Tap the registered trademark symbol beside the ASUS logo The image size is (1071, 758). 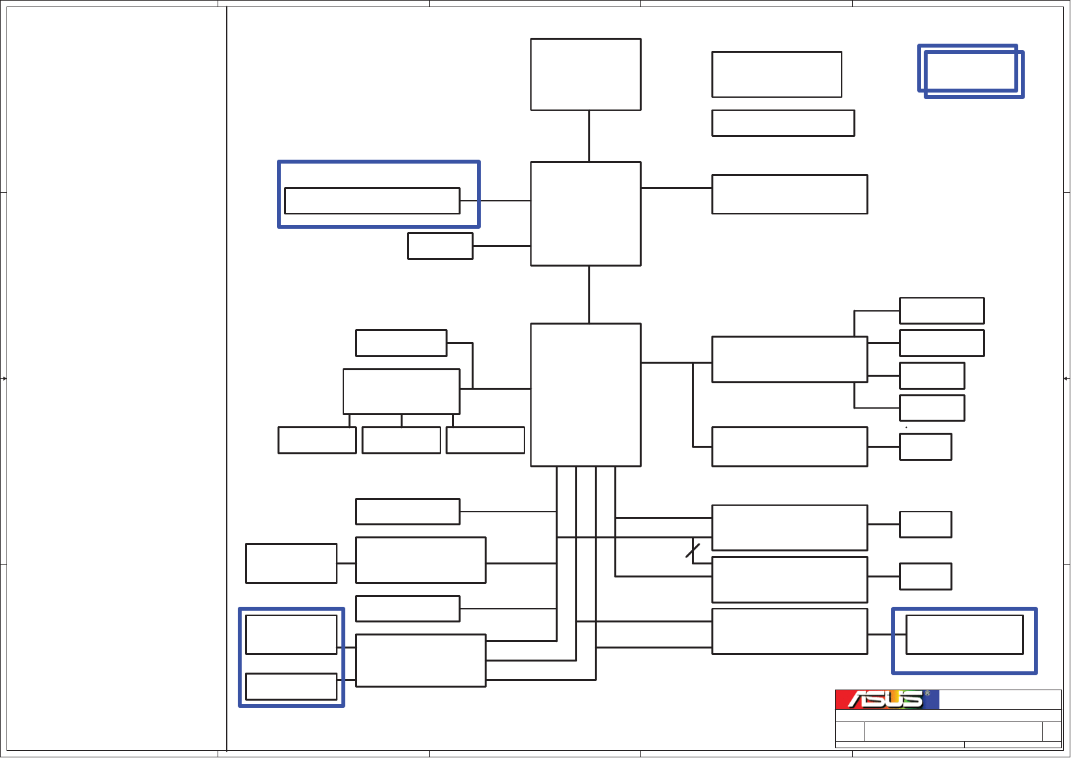point(927,693)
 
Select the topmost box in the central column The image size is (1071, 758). point(586,74)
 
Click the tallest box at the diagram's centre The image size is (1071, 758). point(586,394)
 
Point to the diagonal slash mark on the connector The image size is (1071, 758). point(693,551)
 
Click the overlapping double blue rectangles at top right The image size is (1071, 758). point(971,71)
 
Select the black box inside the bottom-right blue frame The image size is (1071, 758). point(964,634)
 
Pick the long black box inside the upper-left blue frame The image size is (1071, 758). point(372,201)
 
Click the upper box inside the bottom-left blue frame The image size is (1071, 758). point(291,634)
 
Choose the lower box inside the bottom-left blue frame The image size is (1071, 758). point(291,686)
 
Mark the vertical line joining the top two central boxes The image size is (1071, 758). point(589,136)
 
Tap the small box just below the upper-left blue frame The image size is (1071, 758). point(440,246)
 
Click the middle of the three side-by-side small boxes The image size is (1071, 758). point(401,440)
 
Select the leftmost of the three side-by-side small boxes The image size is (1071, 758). point(317,440)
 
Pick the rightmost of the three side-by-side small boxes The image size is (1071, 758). point(485,440)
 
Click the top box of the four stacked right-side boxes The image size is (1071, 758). point(941,311)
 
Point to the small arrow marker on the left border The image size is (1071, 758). point(4,378)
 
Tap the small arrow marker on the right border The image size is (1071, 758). point(1066,378)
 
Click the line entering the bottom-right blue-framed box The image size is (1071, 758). point(887,634)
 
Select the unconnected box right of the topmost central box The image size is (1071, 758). point(777,74)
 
